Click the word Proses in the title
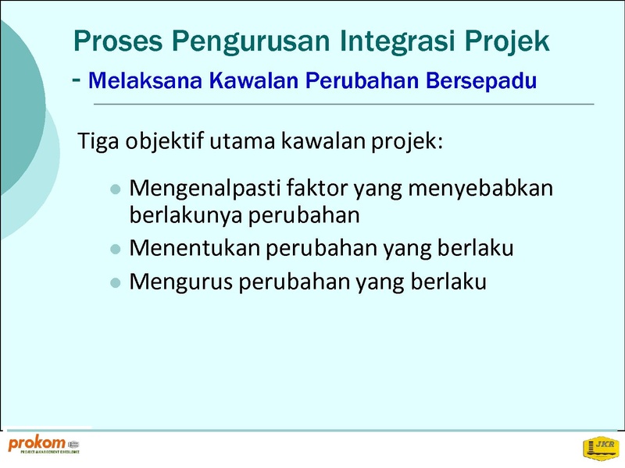tap(118, 41)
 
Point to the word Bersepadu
tap(481, 82)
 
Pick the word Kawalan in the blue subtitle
tap(253, 80)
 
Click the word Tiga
tap(98, 142)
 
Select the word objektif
tap(165, 142)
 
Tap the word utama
tap(242, 142)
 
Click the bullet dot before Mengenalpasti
tap(115, 189)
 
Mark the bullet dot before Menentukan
tap(115, 250)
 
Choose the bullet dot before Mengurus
tap(115, 283)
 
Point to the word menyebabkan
tap(480, 189)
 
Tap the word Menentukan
tap(195, 248)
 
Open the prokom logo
tap(44, 445)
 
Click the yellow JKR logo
tap(601, 448)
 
